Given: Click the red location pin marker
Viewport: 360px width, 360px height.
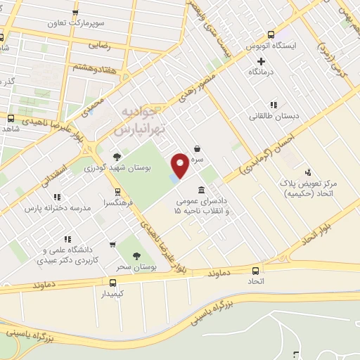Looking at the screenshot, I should tap(181, 165).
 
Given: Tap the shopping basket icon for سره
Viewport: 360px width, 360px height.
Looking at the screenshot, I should tap(198, 148).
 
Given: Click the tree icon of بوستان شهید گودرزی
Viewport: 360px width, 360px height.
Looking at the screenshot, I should tap(116, 157).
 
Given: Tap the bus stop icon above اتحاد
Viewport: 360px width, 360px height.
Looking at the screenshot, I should tap(255, 270).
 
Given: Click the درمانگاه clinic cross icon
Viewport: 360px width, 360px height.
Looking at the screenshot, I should tap(261, 60).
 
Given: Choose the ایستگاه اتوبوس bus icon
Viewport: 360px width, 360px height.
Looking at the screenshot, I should tap(272, 33).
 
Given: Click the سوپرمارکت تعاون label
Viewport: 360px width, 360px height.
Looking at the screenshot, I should tap(76, 22).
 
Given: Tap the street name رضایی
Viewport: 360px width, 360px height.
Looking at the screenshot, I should tap(100, 44).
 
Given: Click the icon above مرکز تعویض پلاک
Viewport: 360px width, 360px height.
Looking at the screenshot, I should tap(307, 172).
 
